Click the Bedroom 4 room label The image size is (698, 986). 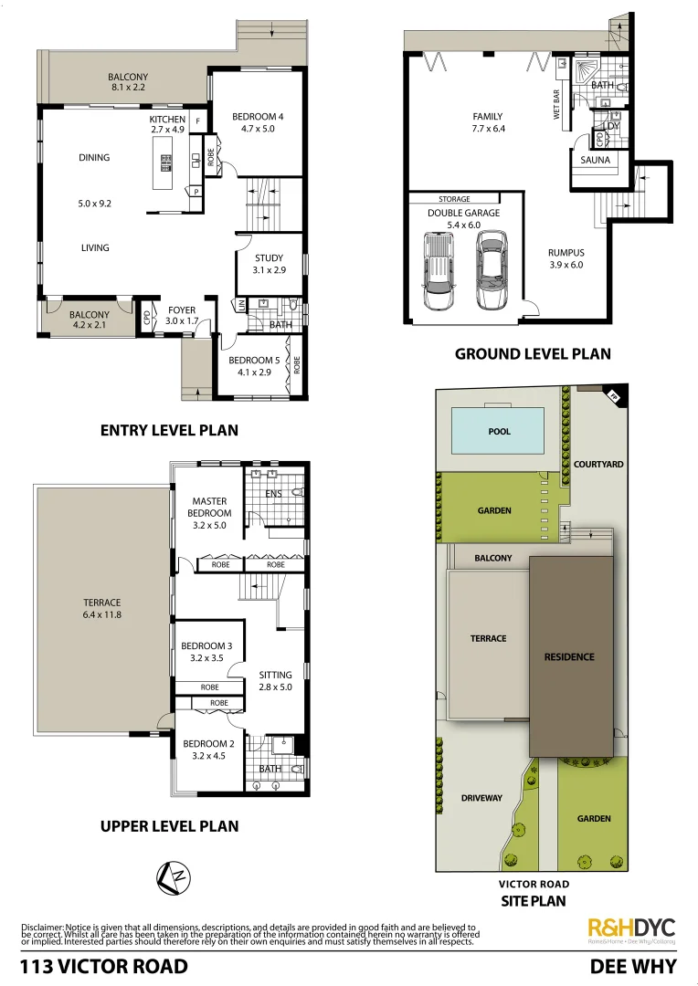(x=258, y=122)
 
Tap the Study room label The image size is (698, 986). (x=269, y=264)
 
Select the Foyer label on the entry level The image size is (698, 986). (x=182, y=316)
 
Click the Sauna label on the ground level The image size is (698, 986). (x=595, y=161)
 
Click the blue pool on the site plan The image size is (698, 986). (x=500, y=431)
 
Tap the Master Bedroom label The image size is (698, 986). (x=210, y=513)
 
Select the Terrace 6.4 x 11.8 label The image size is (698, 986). (x=100, y=608)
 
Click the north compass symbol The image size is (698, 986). (x=174, y=877)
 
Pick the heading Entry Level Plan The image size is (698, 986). (x=169, y=430)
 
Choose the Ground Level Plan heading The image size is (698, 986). (x=533, y=354)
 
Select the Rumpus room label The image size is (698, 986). (x=566, y=258)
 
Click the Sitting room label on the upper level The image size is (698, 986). (x=275, y=681)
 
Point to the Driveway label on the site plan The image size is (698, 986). (x=481, y=798)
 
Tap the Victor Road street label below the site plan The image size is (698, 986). (x=534, y=884)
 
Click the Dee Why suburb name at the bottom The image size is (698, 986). (x=633, y=967)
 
